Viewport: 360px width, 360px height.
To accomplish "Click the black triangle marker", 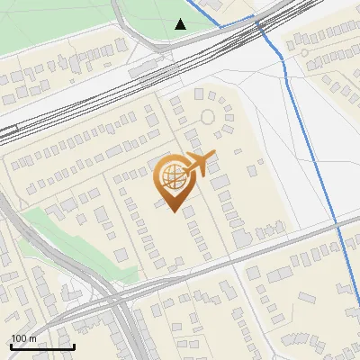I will [x=181, y=24].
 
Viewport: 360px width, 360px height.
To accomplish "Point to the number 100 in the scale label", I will [x=20, y=338].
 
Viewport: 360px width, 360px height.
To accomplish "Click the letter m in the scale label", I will [x=33, y=338].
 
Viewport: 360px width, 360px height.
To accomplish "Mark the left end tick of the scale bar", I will [x=10, y=346].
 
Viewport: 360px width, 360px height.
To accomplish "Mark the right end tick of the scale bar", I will [x=74, y=346].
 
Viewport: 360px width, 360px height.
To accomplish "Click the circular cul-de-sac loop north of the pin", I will [x=208, y=116].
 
